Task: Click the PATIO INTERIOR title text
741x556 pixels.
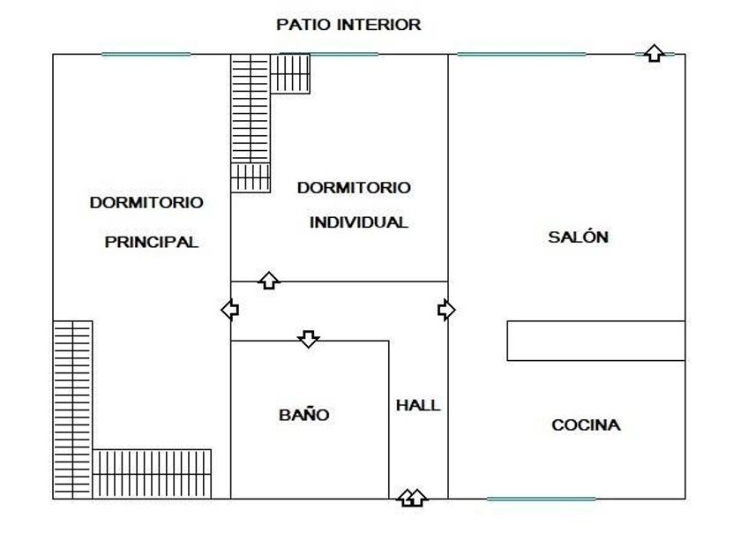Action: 348,25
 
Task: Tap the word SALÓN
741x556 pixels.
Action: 579,237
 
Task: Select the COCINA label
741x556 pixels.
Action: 586,425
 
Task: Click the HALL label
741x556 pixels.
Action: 418,405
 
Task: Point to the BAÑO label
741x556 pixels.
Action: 304,414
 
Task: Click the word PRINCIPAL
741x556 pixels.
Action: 152,241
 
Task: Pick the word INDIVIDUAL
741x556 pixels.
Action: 358,222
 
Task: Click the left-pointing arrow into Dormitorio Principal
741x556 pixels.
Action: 229,310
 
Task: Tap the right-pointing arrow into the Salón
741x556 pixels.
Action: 446,310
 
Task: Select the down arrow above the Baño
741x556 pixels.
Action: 308,339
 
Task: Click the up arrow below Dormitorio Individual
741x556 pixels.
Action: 269,281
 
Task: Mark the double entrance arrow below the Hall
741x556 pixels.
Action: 411,498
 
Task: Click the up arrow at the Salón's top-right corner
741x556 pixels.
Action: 653,53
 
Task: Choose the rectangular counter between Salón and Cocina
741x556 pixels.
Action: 596,341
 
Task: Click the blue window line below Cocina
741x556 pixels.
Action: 541,499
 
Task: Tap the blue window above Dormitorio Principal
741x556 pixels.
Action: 146,54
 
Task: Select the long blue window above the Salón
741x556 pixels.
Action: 520,54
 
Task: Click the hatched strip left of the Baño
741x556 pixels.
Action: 153,474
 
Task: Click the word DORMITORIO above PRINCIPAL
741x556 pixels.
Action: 146,202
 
